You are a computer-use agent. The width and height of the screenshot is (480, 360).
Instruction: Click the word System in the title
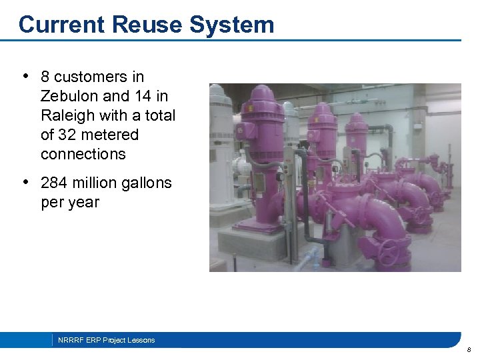point(231,25)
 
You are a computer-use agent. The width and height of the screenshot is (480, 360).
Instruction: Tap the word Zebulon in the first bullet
point(70,96)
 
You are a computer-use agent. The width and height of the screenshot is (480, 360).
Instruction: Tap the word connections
point(83,154)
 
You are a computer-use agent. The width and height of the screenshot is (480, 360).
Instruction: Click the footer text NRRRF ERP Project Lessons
point(106,340)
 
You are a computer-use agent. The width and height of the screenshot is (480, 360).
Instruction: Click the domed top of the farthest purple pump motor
point(357,118)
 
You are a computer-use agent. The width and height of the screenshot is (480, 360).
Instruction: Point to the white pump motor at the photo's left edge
point(220,133)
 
